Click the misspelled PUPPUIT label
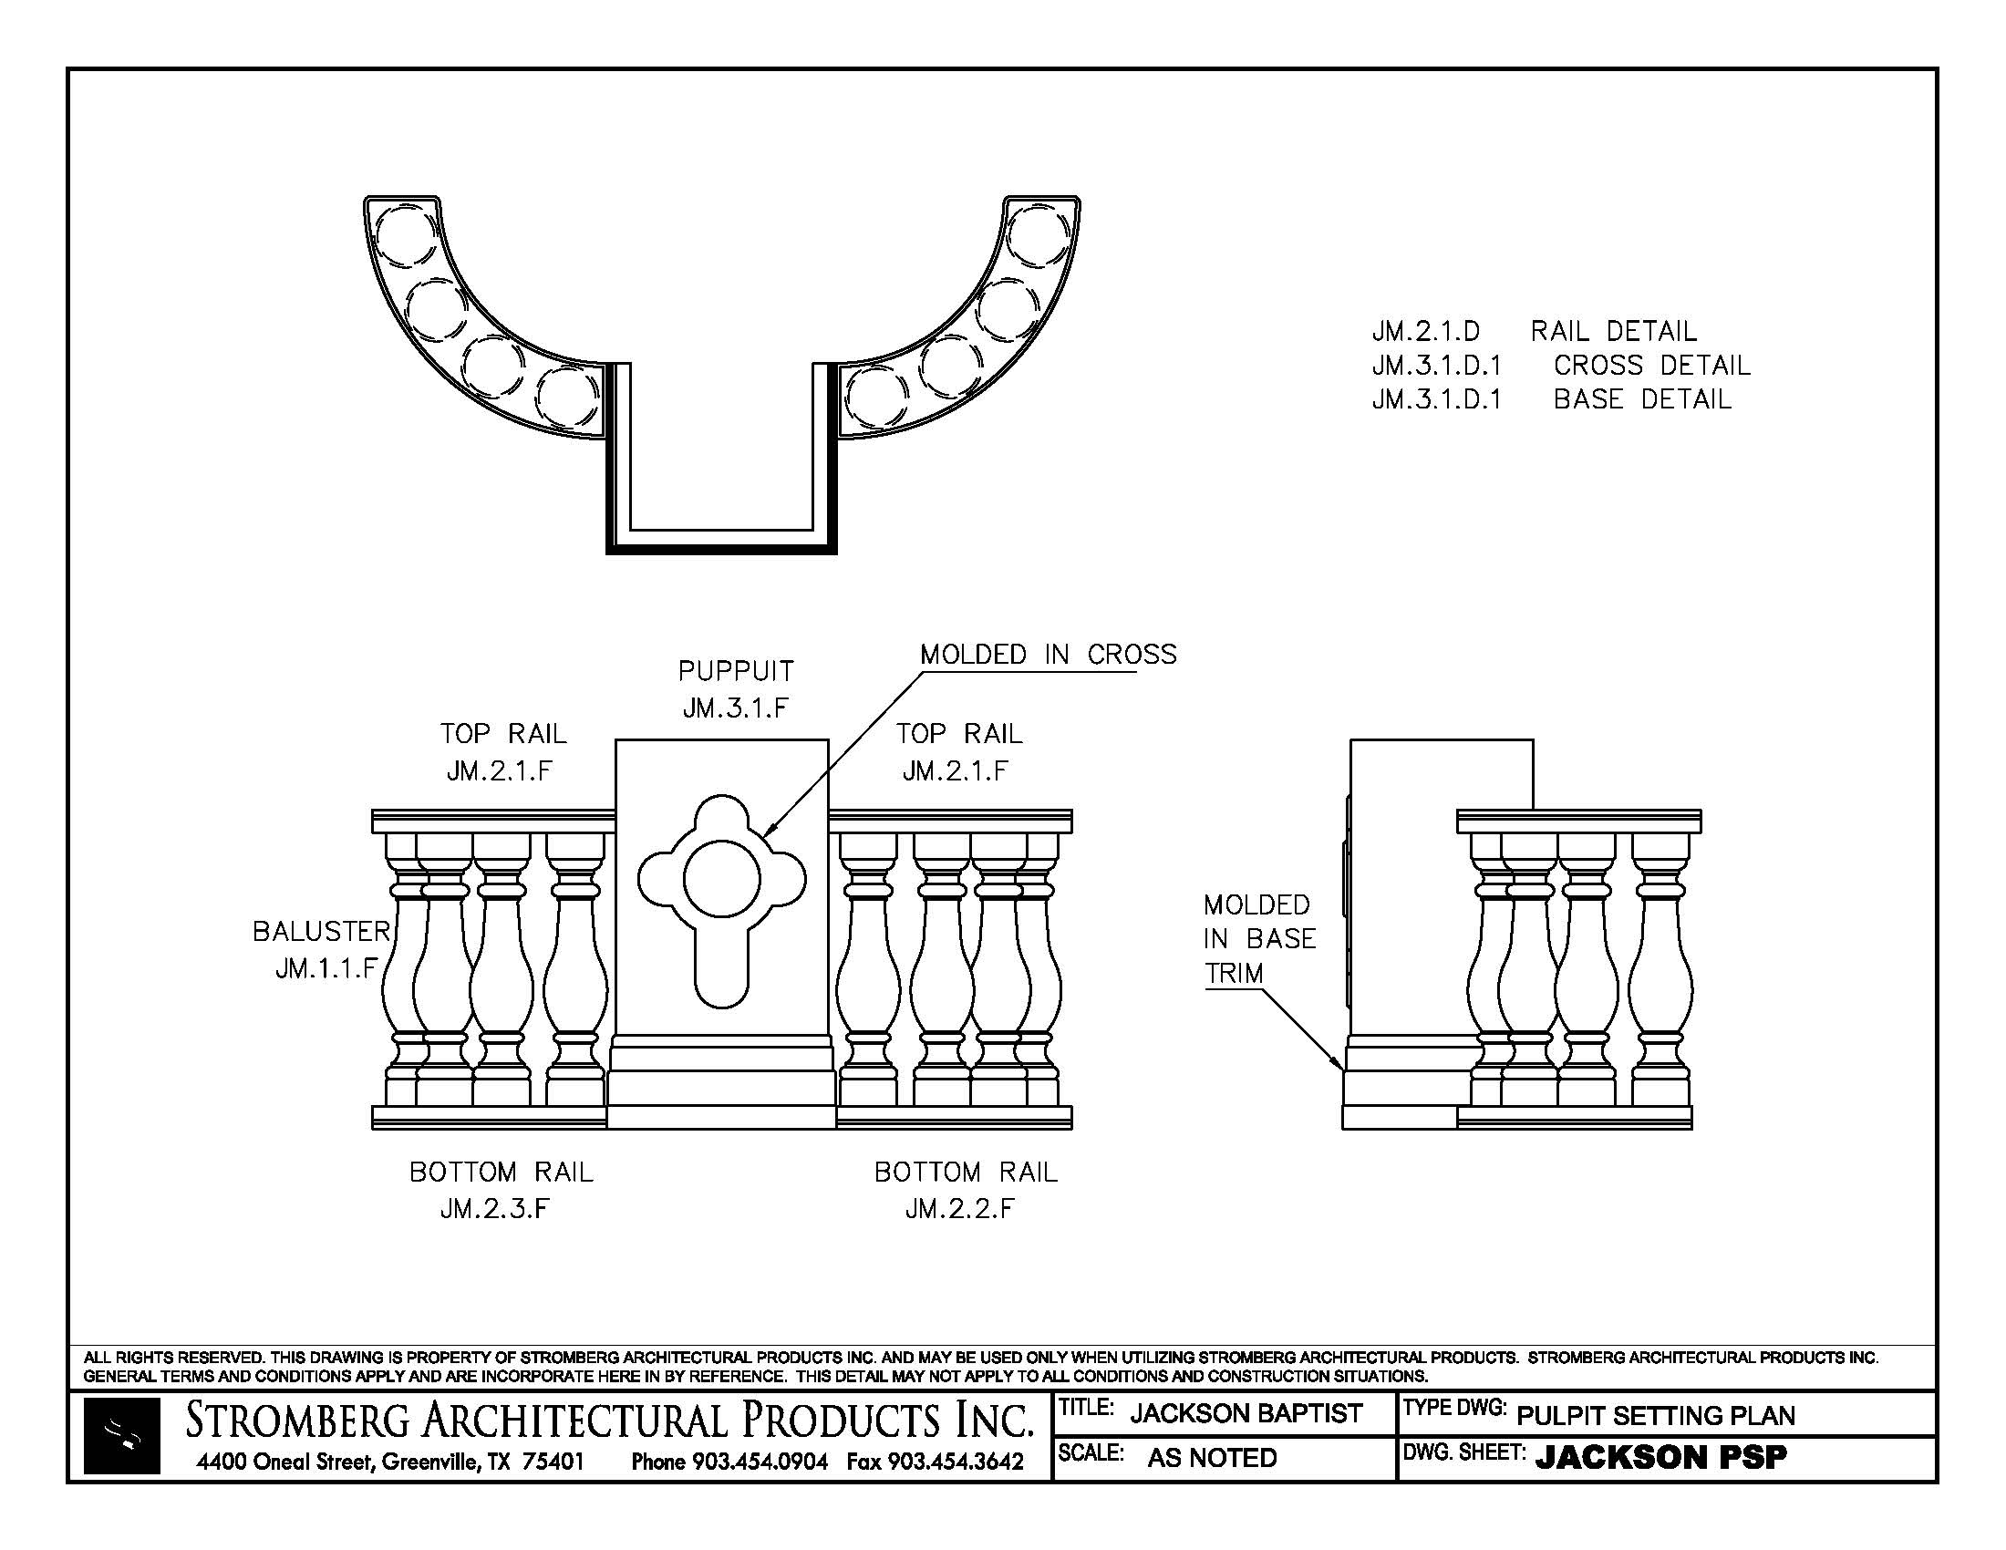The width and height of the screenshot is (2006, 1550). point(736,671)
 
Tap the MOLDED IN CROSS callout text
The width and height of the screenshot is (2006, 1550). point(1048,655)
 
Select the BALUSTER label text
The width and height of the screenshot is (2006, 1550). point(322,932)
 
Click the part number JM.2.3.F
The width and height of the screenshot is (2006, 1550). point(495,1209)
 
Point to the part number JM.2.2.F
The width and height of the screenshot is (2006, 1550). point(960,1209)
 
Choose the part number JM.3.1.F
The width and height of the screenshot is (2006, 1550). point(736,708)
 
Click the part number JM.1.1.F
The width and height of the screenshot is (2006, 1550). point(327,968)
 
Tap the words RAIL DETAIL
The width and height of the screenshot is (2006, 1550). point(1614,331)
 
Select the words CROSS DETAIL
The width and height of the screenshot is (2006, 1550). point(1651,366)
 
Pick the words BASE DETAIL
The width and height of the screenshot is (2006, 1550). point(1642,399)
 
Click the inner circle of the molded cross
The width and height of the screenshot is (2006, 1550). point(722,880)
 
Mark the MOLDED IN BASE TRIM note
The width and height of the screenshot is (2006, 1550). point(1259,938)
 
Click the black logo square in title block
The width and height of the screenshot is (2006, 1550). point(122,1436)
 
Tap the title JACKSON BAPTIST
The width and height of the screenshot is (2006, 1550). point(1246,1413)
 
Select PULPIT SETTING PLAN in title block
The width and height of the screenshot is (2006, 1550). point(1655,1415)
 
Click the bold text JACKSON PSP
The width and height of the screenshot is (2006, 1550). point(1660,1457)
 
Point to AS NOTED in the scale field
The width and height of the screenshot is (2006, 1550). point(1212,1458)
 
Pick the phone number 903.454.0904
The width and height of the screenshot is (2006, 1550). point(760,1462)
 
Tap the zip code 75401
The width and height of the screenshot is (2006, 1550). point(553,1462)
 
